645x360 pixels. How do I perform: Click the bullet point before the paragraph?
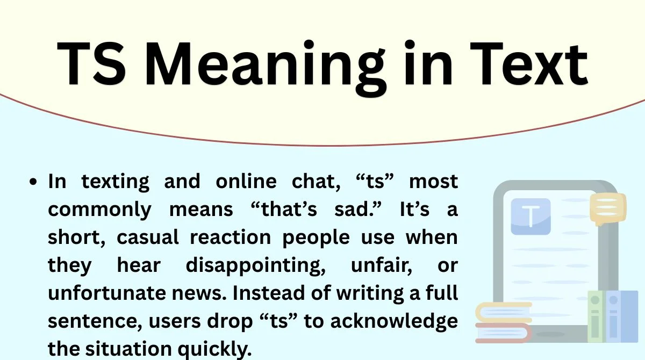[x=35, y=183]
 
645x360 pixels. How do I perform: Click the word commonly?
[x=100, y=210]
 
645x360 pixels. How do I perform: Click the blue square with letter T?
[x=531, y=217]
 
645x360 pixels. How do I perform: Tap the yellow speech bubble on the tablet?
[x=608, y=208]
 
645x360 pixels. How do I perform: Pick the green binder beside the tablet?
[x=596, y=317]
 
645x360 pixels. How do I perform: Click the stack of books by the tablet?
[x=504, y=322]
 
